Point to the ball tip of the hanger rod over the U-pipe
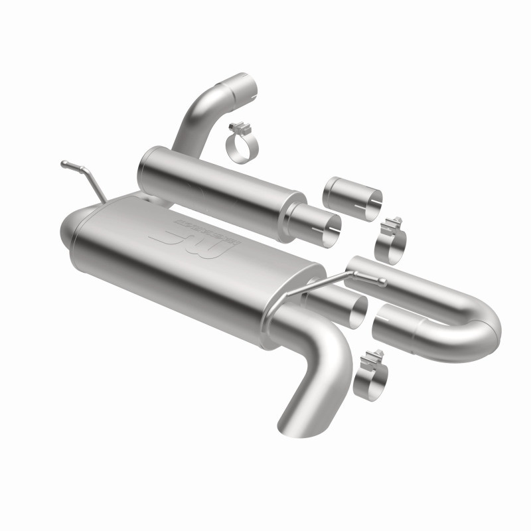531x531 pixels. click(383, 283)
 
